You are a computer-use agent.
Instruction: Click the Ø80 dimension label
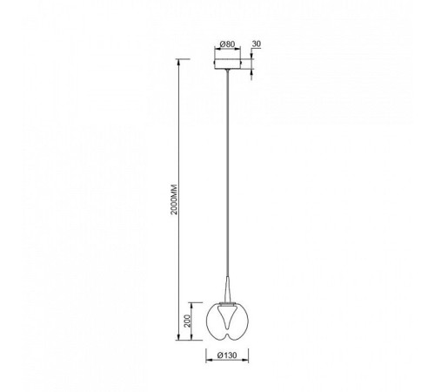point(227,44)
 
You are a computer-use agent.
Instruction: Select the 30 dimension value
point(257,44)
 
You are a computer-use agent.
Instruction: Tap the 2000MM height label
point(174,199)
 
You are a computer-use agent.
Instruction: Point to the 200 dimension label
point(188,321)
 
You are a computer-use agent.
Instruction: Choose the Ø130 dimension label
point(227,355)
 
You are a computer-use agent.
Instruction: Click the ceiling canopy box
point(227,64)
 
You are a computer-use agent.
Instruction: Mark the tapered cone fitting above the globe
point(228,289)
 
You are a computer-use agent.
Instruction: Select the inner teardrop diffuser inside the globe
point(227,319)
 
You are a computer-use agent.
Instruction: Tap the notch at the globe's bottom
point(227,337)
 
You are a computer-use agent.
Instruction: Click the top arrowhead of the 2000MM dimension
point(179,61)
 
